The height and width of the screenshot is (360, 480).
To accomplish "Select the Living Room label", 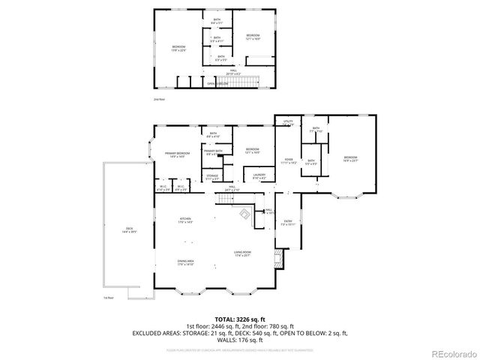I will click(x=241, y=253).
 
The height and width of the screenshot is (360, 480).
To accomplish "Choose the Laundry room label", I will click(x=259, y=176).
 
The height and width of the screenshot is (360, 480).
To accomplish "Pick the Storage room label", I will click(x=213, y=176).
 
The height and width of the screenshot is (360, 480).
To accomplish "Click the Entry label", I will click(x=288, y=222).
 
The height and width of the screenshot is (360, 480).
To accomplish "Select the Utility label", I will click(x=288, y=121).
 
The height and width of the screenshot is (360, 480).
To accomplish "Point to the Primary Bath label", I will click(x=213, y=152).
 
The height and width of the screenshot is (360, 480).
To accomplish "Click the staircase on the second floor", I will click(x=247, y=82).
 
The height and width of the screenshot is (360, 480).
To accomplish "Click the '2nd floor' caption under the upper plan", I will click(x=157, y=98).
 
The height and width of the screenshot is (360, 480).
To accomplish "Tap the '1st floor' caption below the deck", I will click(x=109, y=297).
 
